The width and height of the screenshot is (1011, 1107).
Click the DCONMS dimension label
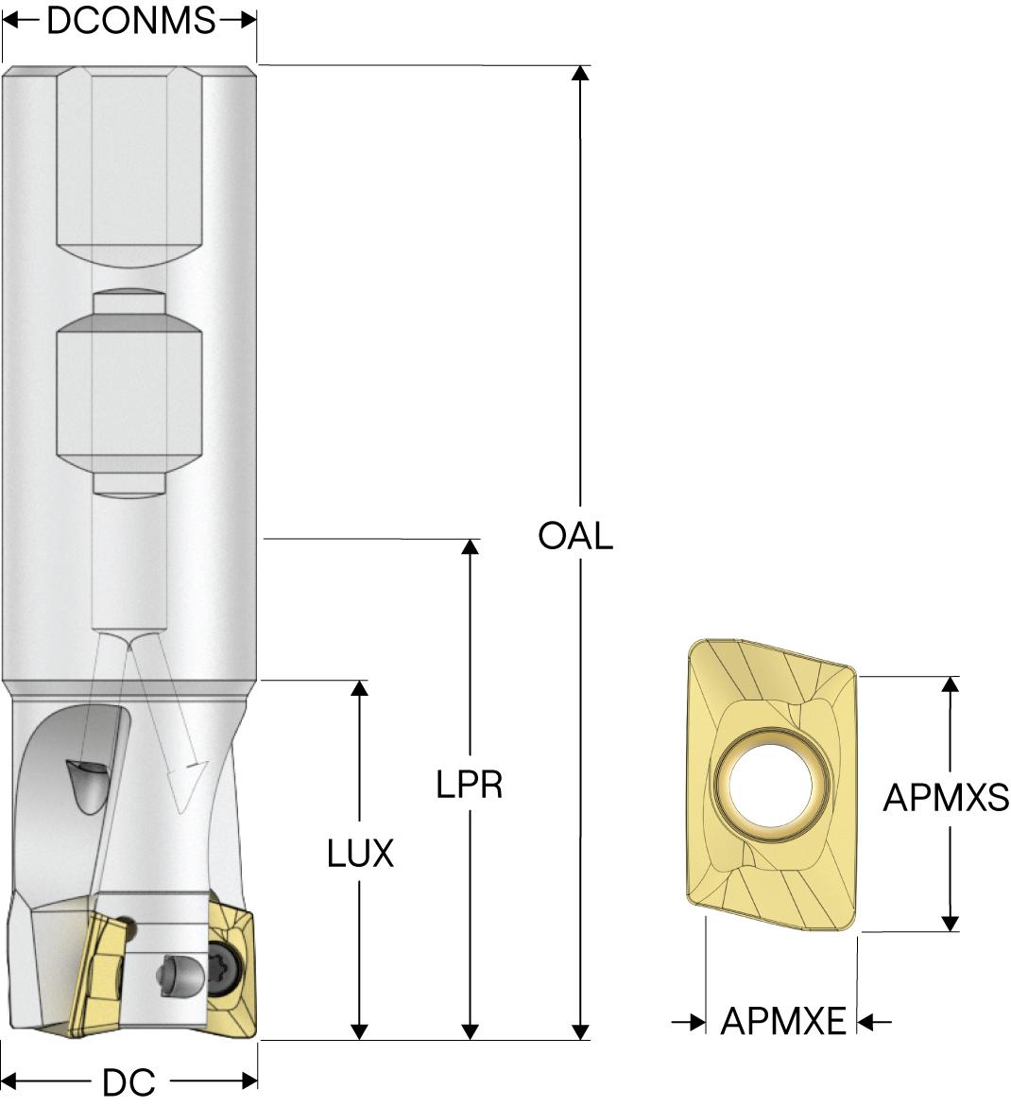[130, 20]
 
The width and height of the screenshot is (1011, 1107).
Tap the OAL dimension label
[575, 536]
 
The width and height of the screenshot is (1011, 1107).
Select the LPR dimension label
[470, 784]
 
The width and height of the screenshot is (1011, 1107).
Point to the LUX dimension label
[360, 855]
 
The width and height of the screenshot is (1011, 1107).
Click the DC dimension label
[129, 1082]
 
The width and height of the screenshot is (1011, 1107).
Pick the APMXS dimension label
[946, 799]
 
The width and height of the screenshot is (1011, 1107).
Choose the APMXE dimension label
[783, 1022]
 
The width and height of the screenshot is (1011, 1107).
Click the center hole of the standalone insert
[767, 784]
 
